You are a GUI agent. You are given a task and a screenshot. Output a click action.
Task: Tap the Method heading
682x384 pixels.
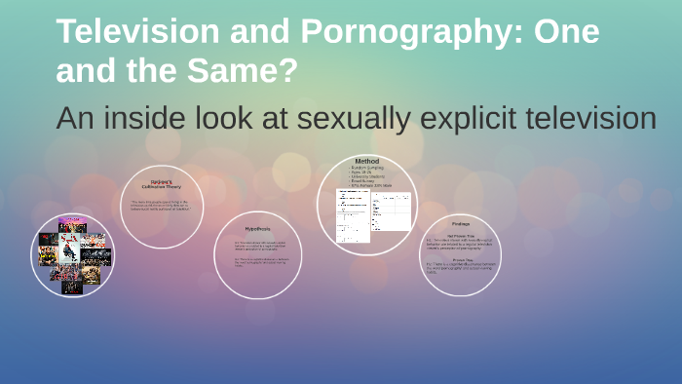click(x=366, y=161)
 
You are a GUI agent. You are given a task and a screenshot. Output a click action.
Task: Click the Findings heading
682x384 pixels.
click(x=458, y=223)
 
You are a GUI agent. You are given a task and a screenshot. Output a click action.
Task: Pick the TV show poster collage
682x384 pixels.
click(x=72, y=255)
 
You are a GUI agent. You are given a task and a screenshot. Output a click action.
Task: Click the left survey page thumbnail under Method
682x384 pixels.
click(x=352, y=215)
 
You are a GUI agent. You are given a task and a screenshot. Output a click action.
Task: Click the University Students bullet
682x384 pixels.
click(x=370, y=177)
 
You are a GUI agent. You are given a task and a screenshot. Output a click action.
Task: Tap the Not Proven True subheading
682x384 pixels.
click(x=457, y=234)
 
